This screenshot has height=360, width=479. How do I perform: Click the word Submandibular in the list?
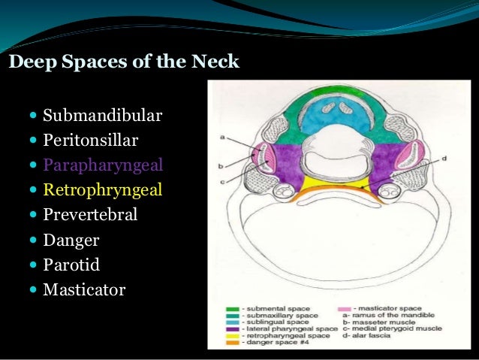click(103, 116)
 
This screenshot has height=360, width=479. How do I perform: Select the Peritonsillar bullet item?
click(91, 140)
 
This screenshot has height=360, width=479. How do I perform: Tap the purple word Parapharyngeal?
click(103, 165)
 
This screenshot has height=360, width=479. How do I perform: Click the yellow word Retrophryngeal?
click(103, 189)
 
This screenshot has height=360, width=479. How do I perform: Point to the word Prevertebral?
click(90, 214)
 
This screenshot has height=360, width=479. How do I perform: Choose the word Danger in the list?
click(71, 241)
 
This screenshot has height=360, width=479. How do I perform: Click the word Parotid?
click(71, 265)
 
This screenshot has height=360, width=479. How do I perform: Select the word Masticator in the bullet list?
click(84, 289)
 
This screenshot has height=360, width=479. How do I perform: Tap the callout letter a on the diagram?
click(222, 138)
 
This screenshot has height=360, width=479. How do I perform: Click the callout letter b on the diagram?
click(222, 164)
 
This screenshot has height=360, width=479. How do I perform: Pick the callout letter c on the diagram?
click(222, 180)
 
